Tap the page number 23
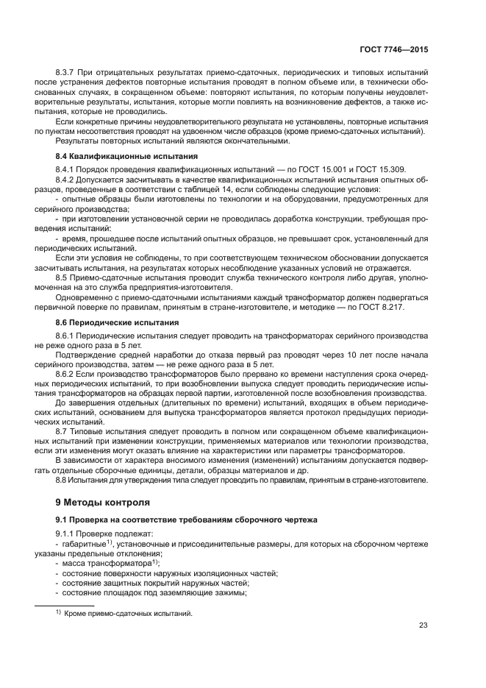click(x=423, y=625)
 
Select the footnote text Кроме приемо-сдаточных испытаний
click(x=127, y=613)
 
